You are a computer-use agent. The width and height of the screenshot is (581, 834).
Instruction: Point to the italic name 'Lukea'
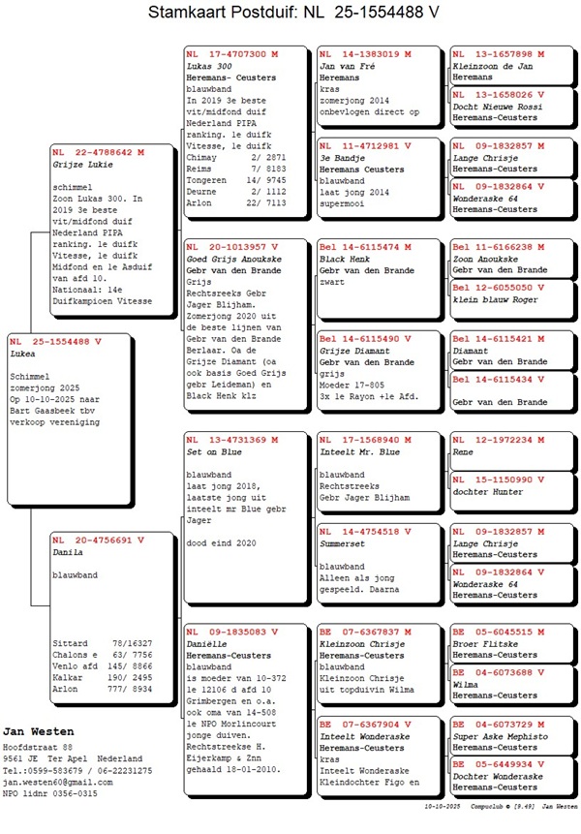point(23,355)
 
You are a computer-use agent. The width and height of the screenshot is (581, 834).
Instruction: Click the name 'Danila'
point(68,551)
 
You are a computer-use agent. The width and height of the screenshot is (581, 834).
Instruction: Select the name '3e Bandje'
point(341,157)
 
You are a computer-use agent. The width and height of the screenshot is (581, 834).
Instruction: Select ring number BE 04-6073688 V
point(498,671)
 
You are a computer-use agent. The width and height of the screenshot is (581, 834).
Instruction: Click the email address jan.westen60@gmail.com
point(62,781)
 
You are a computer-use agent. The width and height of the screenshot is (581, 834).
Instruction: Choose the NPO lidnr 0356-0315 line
point(49,792)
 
